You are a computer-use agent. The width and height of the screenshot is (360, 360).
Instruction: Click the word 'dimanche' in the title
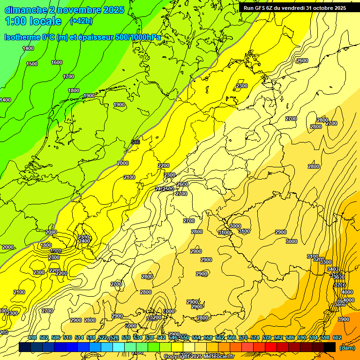(x=25, y=10)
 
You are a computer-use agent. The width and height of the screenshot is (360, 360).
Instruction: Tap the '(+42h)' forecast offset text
(x=81, y=21)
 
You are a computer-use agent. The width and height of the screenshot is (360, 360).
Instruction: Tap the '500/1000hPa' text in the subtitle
(x=141, y=37)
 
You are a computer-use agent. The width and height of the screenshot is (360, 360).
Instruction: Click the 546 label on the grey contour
(x=135, y=142)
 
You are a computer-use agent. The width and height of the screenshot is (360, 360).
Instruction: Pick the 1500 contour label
(x=32, y=64)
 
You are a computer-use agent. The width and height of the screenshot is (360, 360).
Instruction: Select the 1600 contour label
(x=57, y=62)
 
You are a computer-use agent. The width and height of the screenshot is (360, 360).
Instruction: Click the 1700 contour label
(x=68, y=76)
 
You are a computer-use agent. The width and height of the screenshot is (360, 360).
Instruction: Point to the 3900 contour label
(x=344, y=319)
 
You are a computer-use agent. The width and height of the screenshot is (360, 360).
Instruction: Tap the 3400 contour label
(x=332, y=269)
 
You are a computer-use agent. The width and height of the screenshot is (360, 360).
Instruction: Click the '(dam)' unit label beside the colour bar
(x=347, y=347)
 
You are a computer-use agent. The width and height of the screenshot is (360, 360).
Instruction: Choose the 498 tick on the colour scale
(x=32, y=338)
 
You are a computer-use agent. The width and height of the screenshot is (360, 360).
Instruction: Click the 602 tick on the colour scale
(x=337, y=338)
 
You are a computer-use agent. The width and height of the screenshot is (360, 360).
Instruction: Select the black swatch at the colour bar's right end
(x=330, y=347)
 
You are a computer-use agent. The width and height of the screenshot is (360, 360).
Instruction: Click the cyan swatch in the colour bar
(x=119, y=347)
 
